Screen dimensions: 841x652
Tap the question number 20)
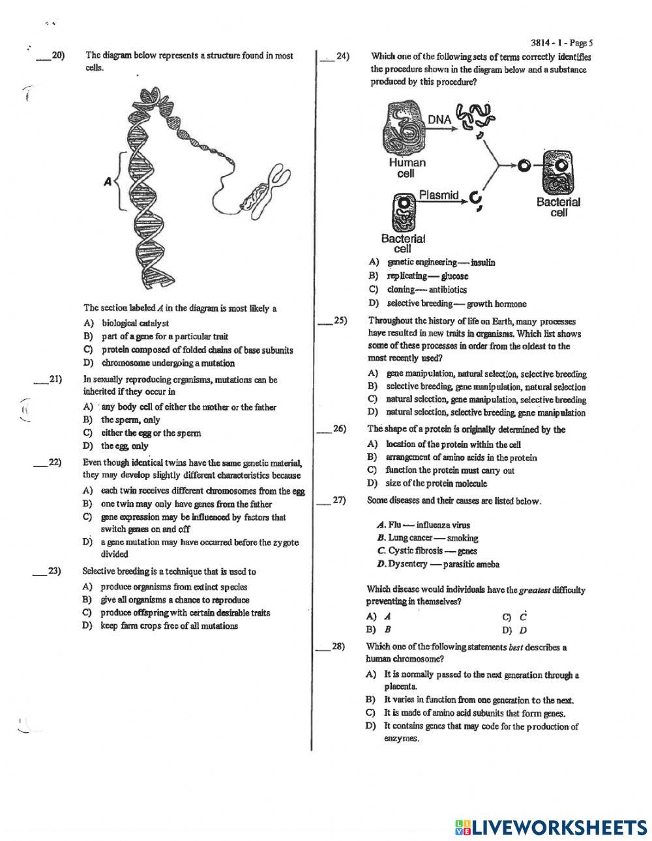[x=57, y=56]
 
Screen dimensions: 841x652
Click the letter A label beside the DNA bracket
[x=108, y=183]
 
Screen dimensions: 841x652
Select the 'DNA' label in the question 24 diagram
[x=439, y=119]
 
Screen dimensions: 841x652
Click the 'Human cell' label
[x=407, y=168]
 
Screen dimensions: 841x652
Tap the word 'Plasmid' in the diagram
[x=439, y=195]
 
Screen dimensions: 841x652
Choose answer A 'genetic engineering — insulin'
[x=441, y=263]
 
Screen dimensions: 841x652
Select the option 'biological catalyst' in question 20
[x=135, y=322]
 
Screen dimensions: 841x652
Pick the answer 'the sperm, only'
[x=130, y=420]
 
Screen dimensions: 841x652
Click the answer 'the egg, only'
[x=125, y=446]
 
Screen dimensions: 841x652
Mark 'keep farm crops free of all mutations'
[x=169, y=626]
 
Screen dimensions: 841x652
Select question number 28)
[x=338, y=647]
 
